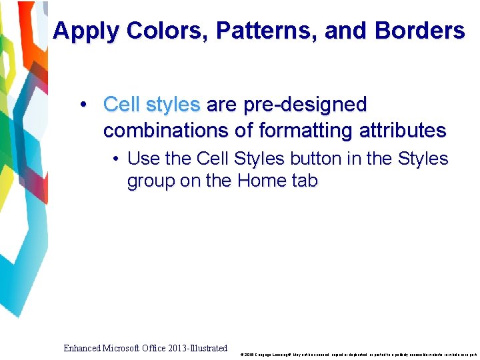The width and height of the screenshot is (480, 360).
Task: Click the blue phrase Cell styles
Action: [x=151, y=105]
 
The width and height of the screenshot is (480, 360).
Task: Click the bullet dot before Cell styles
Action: [x=83, y=105]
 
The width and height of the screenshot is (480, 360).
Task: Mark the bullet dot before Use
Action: [x=116, y=159]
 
